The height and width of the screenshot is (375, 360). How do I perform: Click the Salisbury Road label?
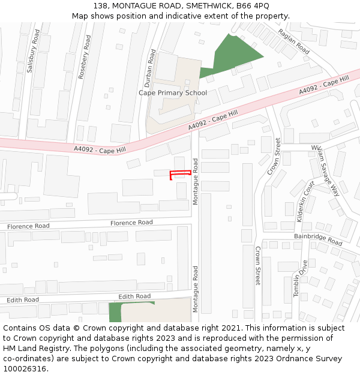pos(31,53)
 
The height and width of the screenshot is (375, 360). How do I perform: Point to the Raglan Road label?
pos(295,41)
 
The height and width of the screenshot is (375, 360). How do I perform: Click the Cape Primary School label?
pos(173,93)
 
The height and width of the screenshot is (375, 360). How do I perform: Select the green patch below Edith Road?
pos(115,312)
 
